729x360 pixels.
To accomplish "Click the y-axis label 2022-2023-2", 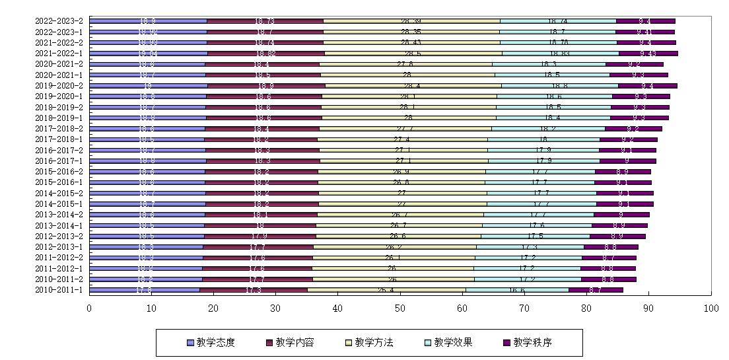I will coord(60,21).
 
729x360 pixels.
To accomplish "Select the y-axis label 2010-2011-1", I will coord(60,289).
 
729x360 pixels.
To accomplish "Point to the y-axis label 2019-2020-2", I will coord(60,85).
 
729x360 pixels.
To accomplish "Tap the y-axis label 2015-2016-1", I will coord(60,182).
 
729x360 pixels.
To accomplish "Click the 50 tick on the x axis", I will coord(400,308).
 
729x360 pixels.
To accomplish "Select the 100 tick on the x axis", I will coord(711,308).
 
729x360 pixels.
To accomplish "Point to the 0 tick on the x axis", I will coord(90,308).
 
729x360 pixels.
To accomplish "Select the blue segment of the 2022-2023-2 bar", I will coord(148,21).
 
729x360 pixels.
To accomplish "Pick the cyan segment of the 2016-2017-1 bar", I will coord(544,161).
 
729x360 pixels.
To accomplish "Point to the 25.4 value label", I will coord(386,289).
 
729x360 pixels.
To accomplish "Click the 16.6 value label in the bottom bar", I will coord(517,289).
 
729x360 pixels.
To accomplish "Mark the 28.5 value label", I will coord(413,54).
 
